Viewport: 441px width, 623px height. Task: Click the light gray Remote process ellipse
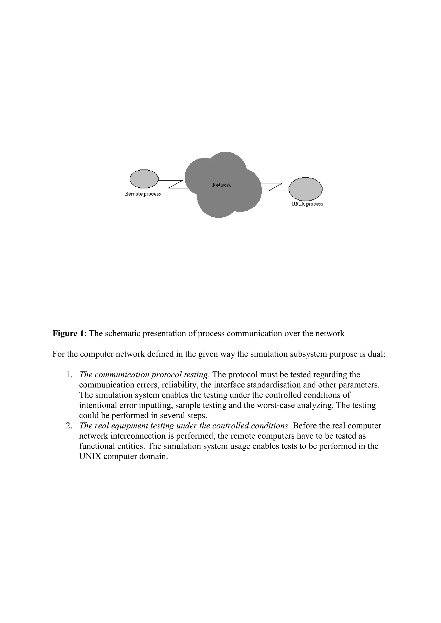click(144, 179)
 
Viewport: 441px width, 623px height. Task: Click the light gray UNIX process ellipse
click(306, 189)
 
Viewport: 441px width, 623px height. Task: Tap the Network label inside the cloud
click(221, 185)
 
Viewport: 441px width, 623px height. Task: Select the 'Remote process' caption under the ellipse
click(143, 194)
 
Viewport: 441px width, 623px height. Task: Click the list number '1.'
click(69, 375)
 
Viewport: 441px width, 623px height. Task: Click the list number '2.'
click(69, 426)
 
